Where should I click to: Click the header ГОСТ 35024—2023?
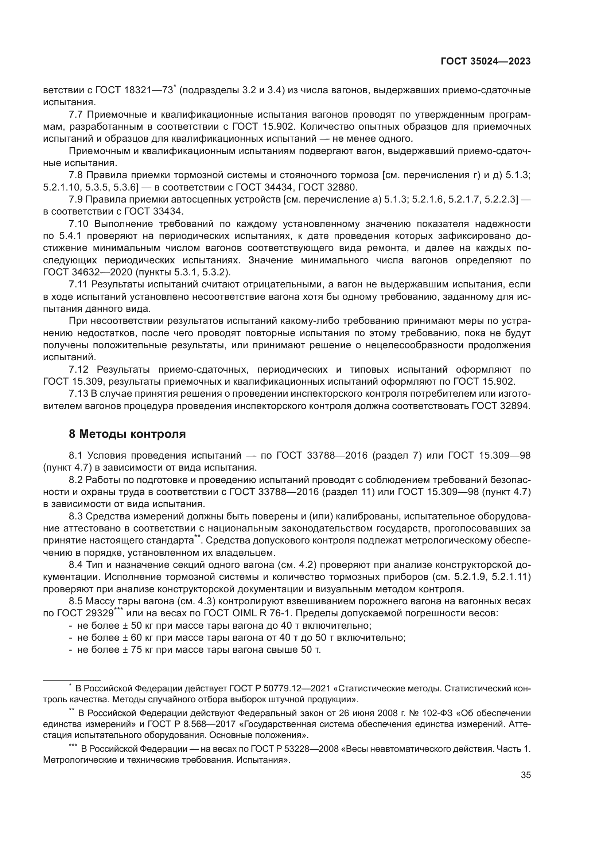(x=486, y=62)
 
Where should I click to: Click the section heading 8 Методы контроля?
(x=127, y=434)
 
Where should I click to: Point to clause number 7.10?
(x=79, y=224)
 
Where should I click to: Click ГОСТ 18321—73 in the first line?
(x=135, y=91)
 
